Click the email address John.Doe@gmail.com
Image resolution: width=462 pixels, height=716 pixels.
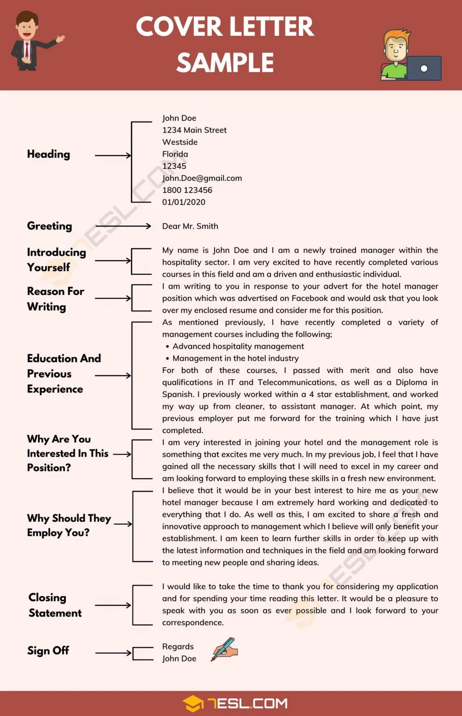pyautogui.click(x=202, y=178)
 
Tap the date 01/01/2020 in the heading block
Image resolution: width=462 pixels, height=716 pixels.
pyautogui.click(x=184, y=202)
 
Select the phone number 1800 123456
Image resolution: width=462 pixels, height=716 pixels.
pyautogui.click(x=187, y=190)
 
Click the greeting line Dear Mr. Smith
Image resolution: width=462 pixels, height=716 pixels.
pyautogui.click(x=190, y=226)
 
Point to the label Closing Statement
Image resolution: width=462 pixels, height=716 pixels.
pyautogui.click(x=55, y=605)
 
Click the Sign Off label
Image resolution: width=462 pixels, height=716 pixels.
pyautogui.click(x=48, y=650)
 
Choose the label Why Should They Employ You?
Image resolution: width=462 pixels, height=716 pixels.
pyautogui.click(x=69, y=525)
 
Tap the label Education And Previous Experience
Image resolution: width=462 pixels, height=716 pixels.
pyautogui.click(x=63, y=373)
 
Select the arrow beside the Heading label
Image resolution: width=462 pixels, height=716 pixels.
pyautogui.click(x=113, y=155)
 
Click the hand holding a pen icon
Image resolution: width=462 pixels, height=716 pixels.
pyautogui.click(x=224, y=649)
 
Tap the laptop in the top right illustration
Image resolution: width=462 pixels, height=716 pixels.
pyautogui.click(x=423, y=68)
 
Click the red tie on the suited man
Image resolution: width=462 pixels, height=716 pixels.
pyautogui.click(x=27, y=49)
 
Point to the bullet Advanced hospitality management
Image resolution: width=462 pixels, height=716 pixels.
pyautogui.click(x=238, y=346)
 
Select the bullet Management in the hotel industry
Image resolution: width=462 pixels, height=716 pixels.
pyautogui.click(x=235, y=358)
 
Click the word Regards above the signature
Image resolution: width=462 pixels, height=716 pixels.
pyautogui.click(x=178, y=647)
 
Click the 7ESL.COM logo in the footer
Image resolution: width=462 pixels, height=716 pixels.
pyautogui.click(x=235, y=703)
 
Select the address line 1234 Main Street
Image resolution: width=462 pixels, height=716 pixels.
pyautogui.click(x=194, y=130)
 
